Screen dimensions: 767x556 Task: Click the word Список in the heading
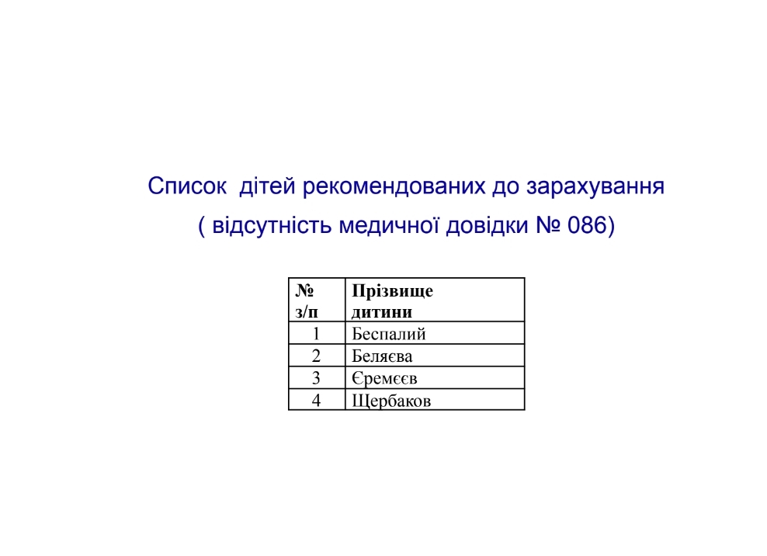(187, 186)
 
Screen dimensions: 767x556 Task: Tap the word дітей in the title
(268, 186)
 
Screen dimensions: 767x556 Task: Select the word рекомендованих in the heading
(394, 186)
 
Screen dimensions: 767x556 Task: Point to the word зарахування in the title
(595, 187)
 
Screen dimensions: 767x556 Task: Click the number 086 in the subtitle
(587, 226)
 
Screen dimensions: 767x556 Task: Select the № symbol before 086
(548, 226)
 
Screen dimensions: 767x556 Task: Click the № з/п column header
(307, 301)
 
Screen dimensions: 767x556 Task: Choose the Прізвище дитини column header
(392, 301)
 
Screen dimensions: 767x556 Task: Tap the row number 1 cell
(316, 334)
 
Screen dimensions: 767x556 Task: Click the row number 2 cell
(316, 356)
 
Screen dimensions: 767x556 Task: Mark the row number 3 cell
(316, 378)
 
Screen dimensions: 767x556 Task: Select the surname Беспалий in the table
(389, 334)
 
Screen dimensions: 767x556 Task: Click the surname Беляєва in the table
(382, 356)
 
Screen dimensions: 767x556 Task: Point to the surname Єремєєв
(384, 378)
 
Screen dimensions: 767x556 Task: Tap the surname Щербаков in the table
(391, 401)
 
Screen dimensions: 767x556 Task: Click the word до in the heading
(506, 187)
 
